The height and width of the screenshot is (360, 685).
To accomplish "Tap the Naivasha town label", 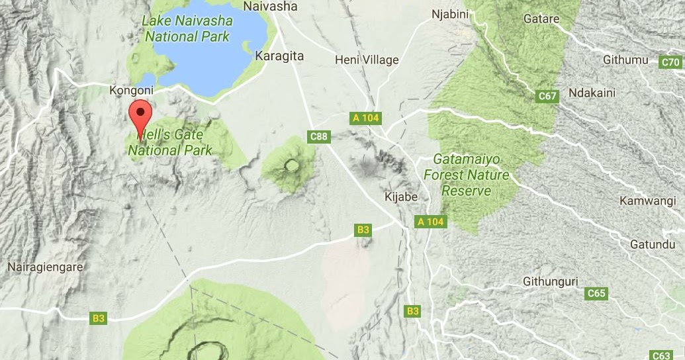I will coord(271,7).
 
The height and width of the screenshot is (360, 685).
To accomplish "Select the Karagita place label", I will coord(279,56).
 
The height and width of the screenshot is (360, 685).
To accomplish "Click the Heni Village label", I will coord(367,60).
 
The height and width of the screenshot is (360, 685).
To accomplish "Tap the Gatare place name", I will coord(541,19).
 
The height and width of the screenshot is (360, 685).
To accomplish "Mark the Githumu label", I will coord(625,60).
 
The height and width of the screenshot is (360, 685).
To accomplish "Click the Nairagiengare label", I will coord(45,267).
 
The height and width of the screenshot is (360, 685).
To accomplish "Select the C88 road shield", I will coord(319,136).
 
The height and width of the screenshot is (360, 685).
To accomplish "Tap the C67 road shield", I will coord(547,97).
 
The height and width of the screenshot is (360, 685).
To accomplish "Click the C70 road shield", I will coord(671,63).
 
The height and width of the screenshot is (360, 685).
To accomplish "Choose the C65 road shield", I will coord(596,293).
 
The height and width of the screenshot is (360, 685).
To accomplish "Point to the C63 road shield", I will coord(661,355).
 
